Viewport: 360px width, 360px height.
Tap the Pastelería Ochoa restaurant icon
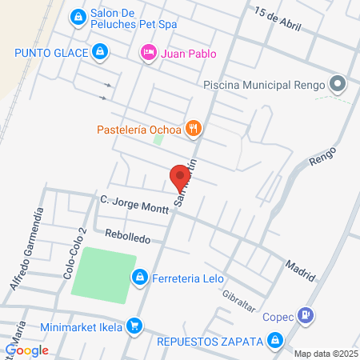(x=193, y=128)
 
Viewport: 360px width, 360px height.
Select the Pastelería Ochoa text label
(x=139, y=128)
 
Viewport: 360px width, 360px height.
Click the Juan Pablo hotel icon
(x=148, y=54)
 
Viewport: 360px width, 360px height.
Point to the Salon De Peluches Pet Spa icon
(x=78, y=16)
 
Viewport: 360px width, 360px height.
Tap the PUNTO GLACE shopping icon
(x=98, y=53)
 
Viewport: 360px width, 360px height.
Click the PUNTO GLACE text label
(x=50, y=53)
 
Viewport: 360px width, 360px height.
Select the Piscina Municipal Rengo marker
(x=338, y=84)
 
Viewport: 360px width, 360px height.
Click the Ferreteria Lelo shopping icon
(x=140, y=277)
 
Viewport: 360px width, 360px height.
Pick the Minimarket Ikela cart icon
(x=135, y=326)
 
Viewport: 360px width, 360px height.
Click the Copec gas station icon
(x=305, y=315)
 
